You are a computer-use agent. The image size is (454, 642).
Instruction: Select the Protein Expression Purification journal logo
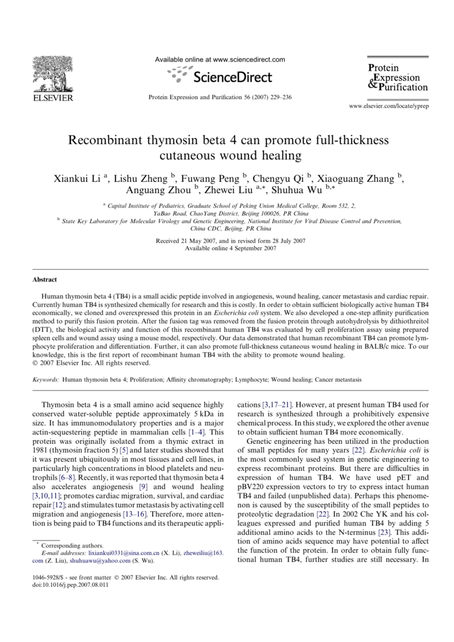[x=398, y=78]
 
